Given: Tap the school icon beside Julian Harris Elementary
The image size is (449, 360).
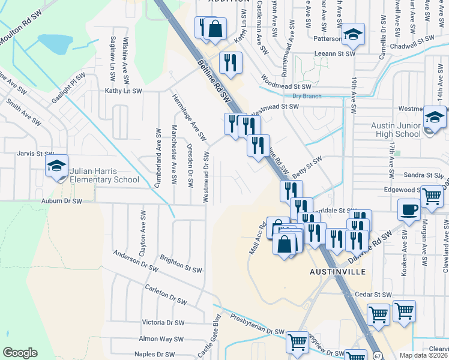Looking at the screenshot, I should click(x=57, y=167).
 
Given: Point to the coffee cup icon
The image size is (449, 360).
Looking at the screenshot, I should click(x=409, y=210).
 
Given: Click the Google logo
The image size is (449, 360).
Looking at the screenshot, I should click(x=20, y=353).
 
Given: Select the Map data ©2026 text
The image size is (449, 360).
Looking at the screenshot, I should click(x=423, y=355).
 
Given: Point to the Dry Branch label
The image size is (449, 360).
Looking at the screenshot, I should click(x=307, y=96).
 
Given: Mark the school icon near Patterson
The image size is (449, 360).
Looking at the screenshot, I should click(x=354, y=34).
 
